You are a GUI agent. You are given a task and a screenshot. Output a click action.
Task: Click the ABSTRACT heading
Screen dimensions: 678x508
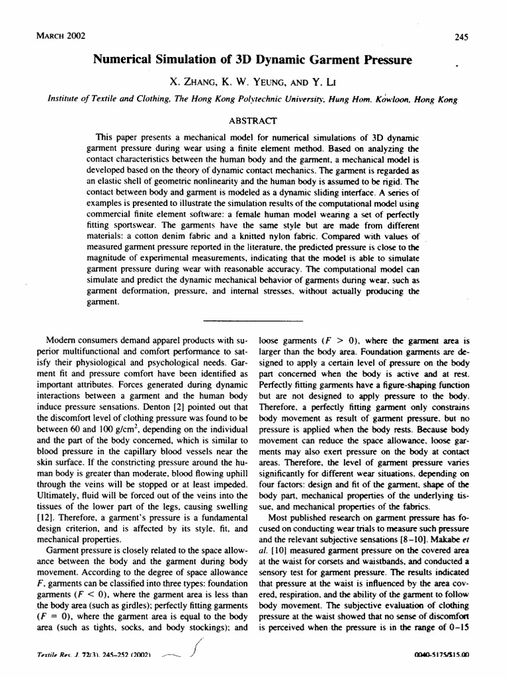[255, 121]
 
